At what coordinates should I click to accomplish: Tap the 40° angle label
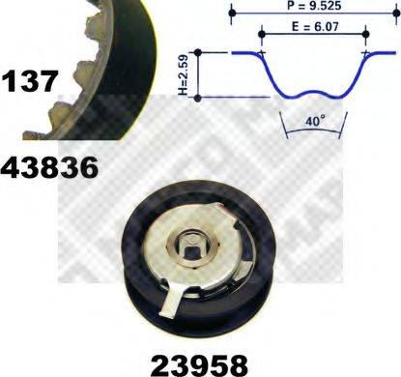311,123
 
